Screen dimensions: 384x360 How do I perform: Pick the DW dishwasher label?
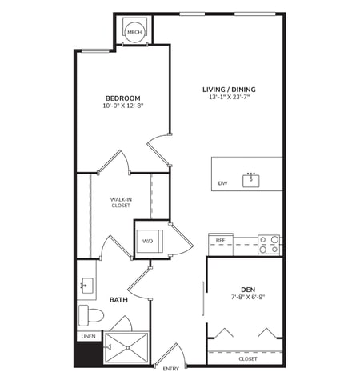222,183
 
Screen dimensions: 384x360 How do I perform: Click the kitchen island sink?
252,178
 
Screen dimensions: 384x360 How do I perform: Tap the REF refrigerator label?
220,239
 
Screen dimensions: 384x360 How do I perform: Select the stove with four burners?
270,244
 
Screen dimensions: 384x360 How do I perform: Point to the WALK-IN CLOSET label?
121,202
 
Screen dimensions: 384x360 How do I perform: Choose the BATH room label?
119,300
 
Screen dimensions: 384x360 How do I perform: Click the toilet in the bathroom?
90,312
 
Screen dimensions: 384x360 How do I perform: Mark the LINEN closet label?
88,336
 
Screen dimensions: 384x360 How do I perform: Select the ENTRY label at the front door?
170,369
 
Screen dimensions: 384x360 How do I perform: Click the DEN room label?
247,289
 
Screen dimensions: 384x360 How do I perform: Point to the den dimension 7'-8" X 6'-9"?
247,298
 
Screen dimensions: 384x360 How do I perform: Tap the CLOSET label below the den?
247,358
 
